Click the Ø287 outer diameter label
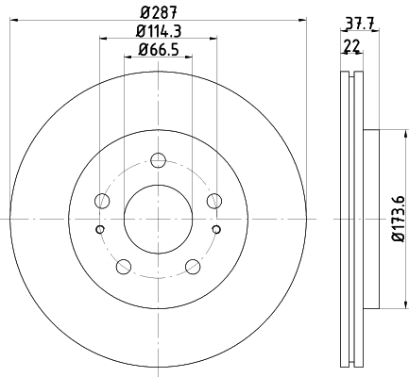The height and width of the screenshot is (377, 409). [158, 11]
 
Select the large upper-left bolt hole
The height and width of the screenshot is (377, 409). [102, 199]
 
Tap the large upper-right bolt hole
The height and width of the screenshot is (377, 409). [213, 199]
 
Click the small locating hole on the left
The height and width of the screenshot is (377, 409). [100, 228]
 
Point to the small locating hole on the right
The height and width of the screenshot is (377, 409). [216, 228]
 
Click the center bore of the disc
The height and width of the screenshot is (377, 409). [158, 218]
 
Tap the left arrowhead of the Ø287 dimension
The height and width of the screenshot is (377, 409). [13, 17]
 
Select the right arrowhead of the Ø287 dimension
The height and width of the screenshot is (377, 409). [303, 17]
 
